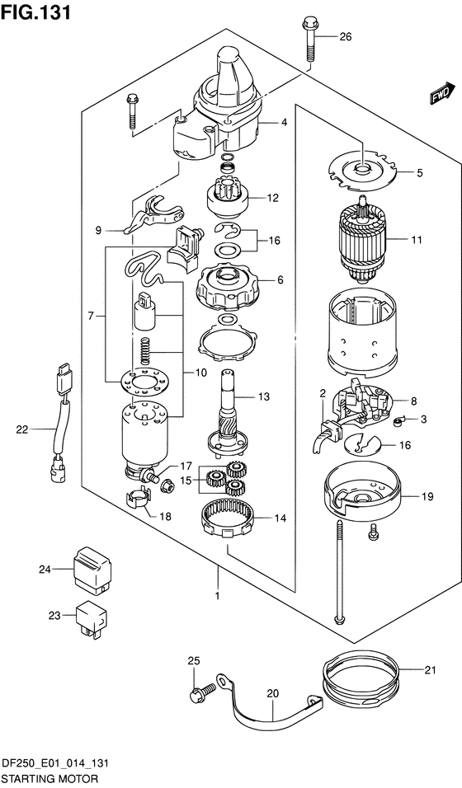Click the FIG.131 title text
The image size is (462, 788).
click(35, 12)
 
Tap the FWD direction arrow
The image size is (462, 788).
click(440, 93)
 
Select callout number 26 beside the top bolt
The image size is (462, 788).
click(345, 37)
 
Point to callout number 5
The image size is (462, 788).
click(419, 173)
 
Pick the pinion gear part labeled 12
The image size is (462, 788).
click(227, 196)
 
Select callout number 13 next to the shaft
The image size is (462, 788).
click(264, 396)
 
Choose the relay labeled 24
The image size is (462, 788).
click(93, 569)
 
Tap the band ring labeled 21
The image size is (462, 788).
click(360, 679)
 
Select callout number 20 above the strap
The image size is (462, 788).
click(273, 694)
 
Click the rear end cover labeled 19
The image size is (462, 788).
click(361, 495)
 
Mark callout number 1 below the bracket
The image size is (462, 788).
click(218, 596)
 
